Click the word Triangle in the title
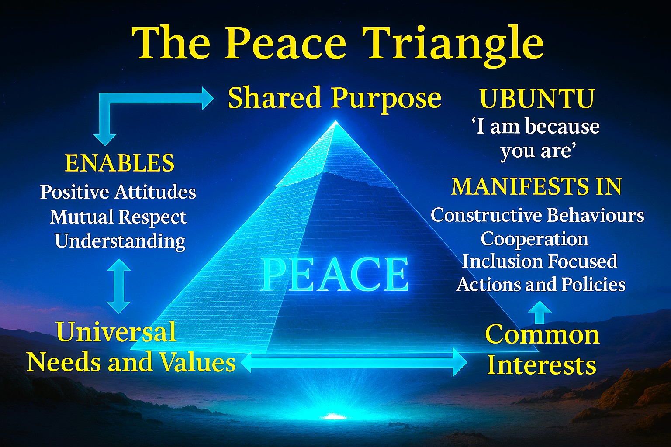(x=455, y=45)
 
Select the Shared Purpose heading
(x=335, y=98)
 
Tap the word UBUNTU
(x=537, y=99)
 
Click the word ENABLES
(x=120, y=163)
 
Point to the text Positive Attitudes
(x=118, y=192)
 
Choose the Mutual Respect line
(x=118, y=217)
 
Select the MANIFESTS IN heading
(x=537, y=186)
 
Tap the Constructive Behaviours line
(x=537, y=215)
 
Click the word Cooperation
(x=535, y=240)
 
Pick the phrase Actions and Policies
(x=541, y=284)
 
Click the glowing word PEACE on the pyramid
(x=335, y=274)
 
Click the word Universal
(x=116, y=332)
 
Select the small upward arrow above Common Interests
(x=540, y=313)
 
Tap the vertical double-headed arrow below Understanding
(x=119, y=286)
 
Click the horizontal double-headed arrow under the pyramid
(x=353, y=362)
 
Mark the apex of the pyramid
(x=336, y=121)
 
